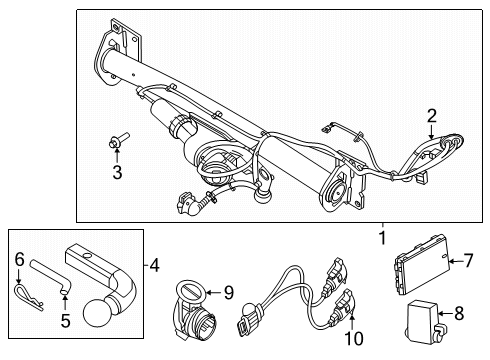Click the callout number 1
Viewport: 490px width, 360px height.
[383, 238]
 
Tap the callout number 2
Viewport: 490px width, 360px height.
[432, 116]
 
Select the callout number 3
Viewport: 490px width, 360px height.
[117, 173]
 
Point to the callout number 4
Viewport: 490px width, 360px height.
[154, 266]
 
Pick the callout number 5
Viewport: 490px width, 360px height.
[66, 320]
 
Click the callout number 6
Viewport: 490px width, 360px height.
[20, 259]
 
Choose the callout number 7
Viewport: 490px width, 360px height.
[468, 260]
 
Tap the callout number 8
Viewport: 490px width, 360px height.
[459, 313]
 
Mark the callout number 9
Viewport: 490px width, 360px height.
[229, 293]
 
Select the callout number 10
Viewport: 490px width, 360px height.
[354, 339]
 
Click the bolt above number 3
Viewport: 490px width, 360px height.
[118, 140]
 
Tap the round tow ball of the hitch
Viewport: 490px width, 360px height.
[96, 312]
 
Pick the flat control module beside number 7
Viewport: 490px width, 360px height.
[421, 263]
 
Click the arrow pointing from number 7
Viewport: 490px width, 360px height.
[456, 261]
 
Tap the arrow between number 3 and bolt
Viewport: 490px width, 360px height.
[117, 156]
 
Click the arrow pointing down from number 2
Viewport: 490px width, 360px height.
[431, 132]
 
